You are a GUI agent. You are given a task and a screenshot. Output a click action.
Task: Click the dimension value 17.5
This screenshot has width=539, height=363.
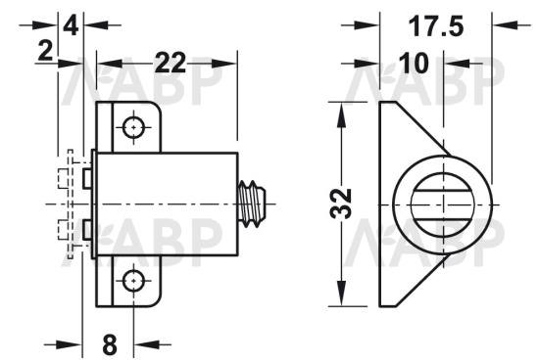click(435, 26)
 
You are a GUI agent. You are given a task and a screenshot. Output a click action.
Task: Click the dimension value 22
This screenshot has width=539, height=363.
click(171, 63)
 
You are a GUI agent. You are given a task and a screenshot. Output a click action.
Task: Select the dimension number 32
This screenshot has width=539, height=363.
click(341, 204)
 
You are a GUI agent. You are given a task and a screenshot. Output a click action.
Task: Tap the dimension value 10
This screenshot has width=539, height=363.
click(415, 64)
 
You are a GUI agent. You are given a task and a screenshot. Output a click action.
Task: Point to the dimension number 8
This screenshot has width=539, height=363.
click(110, 344)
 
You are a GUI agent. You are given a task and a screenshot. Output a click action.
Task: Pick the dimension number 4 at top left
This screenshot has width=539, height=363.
click(72, 25)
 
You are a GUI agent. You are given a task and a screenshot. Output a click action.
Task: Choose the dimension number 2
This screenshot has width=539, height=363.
click(45, 52)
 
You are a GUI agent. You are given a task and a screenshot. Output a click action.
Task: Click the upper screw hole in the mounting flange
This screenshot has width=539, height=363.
click(133, 127)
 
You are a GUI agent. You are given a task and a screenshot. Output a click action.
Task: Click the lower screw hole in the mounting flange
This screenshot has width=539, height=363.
click(133, 281)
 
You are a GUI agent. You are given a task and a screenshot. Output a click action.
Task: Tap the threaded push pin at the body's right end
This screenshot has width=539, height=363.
click(252, 204)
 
